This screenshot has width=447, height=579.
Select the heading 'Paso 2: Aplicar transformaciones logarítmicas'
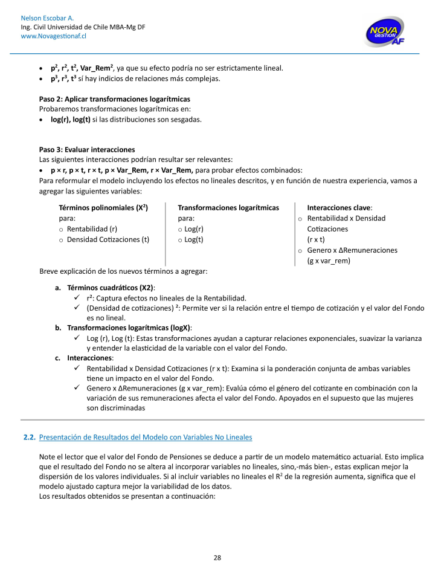[115, 99]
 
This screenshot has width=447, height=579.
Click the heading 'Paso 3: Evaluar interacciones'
[87, 149]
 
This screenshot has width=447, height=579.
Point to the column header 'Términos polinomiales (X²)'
[103, 207]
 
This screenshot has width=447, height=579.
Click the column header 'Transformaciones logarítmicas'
[228, 207]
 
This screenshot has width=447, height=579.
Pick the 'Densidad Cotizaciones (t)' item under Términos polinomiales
[108, 239]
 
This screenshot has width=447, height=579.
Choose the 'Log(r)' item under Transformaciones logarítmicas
[195, 229]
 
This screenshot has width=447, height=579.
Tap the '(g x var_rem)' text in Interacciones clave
[329, 260]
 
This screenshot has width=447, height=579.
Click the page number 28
[217, 557]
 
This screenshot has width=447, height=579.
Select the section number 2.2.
[29, 436]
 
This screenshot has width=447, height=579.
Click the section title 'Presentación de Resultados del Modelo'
[145, 436]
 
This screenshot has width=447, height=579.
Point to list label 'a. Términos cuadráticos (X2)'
[105, 287]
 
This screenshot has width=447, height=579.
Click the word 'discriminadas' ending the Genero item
[124, 408]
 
